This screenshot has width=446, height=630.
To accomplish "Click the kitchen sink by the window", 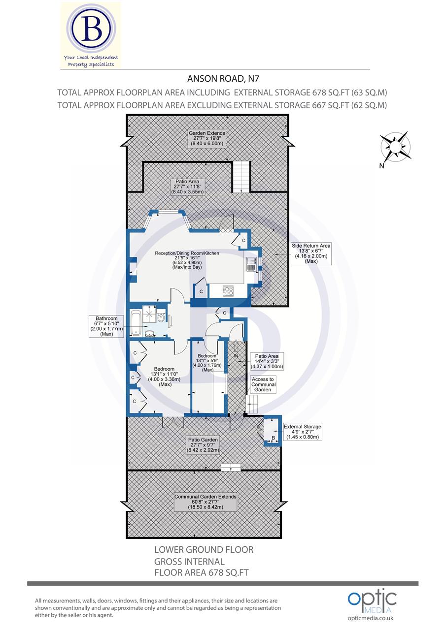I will pos(251,264).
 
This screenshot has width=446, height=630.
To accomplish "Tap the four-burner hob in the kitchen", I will pos(228,291).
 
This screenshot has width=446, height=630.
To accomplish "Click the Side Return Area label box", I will pos(311,253).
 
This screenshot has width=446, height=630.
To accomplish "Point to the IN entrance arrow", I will pos(236,355).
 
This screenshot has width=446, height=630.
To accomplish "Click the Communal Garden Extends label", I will pos(206,502).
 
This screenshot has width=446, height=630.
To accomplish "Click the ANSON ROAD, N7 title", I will pos(216,79).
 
